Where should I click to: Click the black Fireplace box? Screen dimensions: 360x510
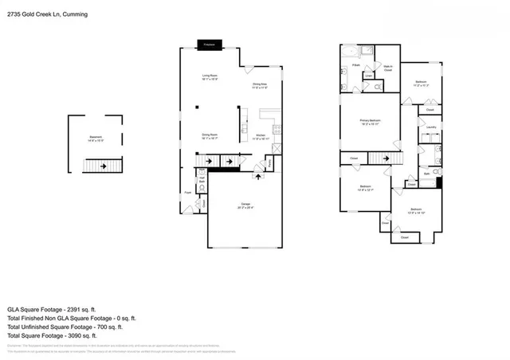coord(211,45)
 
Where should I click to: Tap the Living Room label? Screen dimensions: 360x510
coord(210,78)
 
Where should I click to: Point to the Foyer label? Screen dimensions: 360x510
coord(188,192)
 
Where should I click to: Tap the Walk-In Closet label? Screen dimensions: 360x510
coord(389,68)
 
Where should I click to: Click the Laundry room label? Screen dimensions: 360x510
coord(430,127)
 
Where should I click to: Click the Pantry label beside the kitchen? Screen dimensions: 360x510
coord(269,163)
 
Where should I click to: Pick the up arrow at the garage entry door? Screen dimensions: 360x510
coord(256,175)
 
